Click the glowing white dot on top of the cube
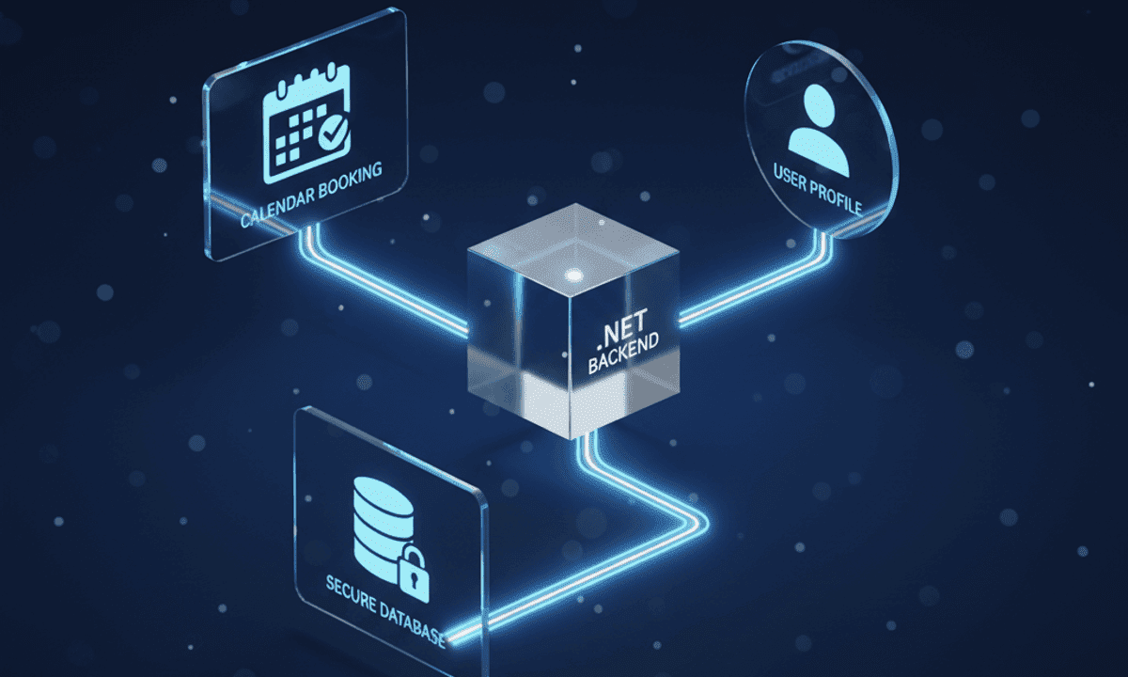573,275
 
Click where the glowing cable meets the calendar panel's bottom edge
308,227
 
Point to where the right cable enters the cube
680,319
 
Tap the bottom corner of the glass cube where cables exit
572,438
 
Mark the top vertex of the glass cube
575,204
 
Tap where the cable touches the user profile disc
822,231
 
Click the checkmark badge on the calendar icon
333,132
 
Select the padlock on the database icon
414,575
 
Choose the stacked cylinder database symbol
384,524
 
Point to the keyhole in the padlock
415,581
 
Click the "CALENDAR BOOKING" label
311,195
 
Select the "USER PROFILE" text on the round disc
817,189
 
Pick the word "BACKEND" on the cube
623,354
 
